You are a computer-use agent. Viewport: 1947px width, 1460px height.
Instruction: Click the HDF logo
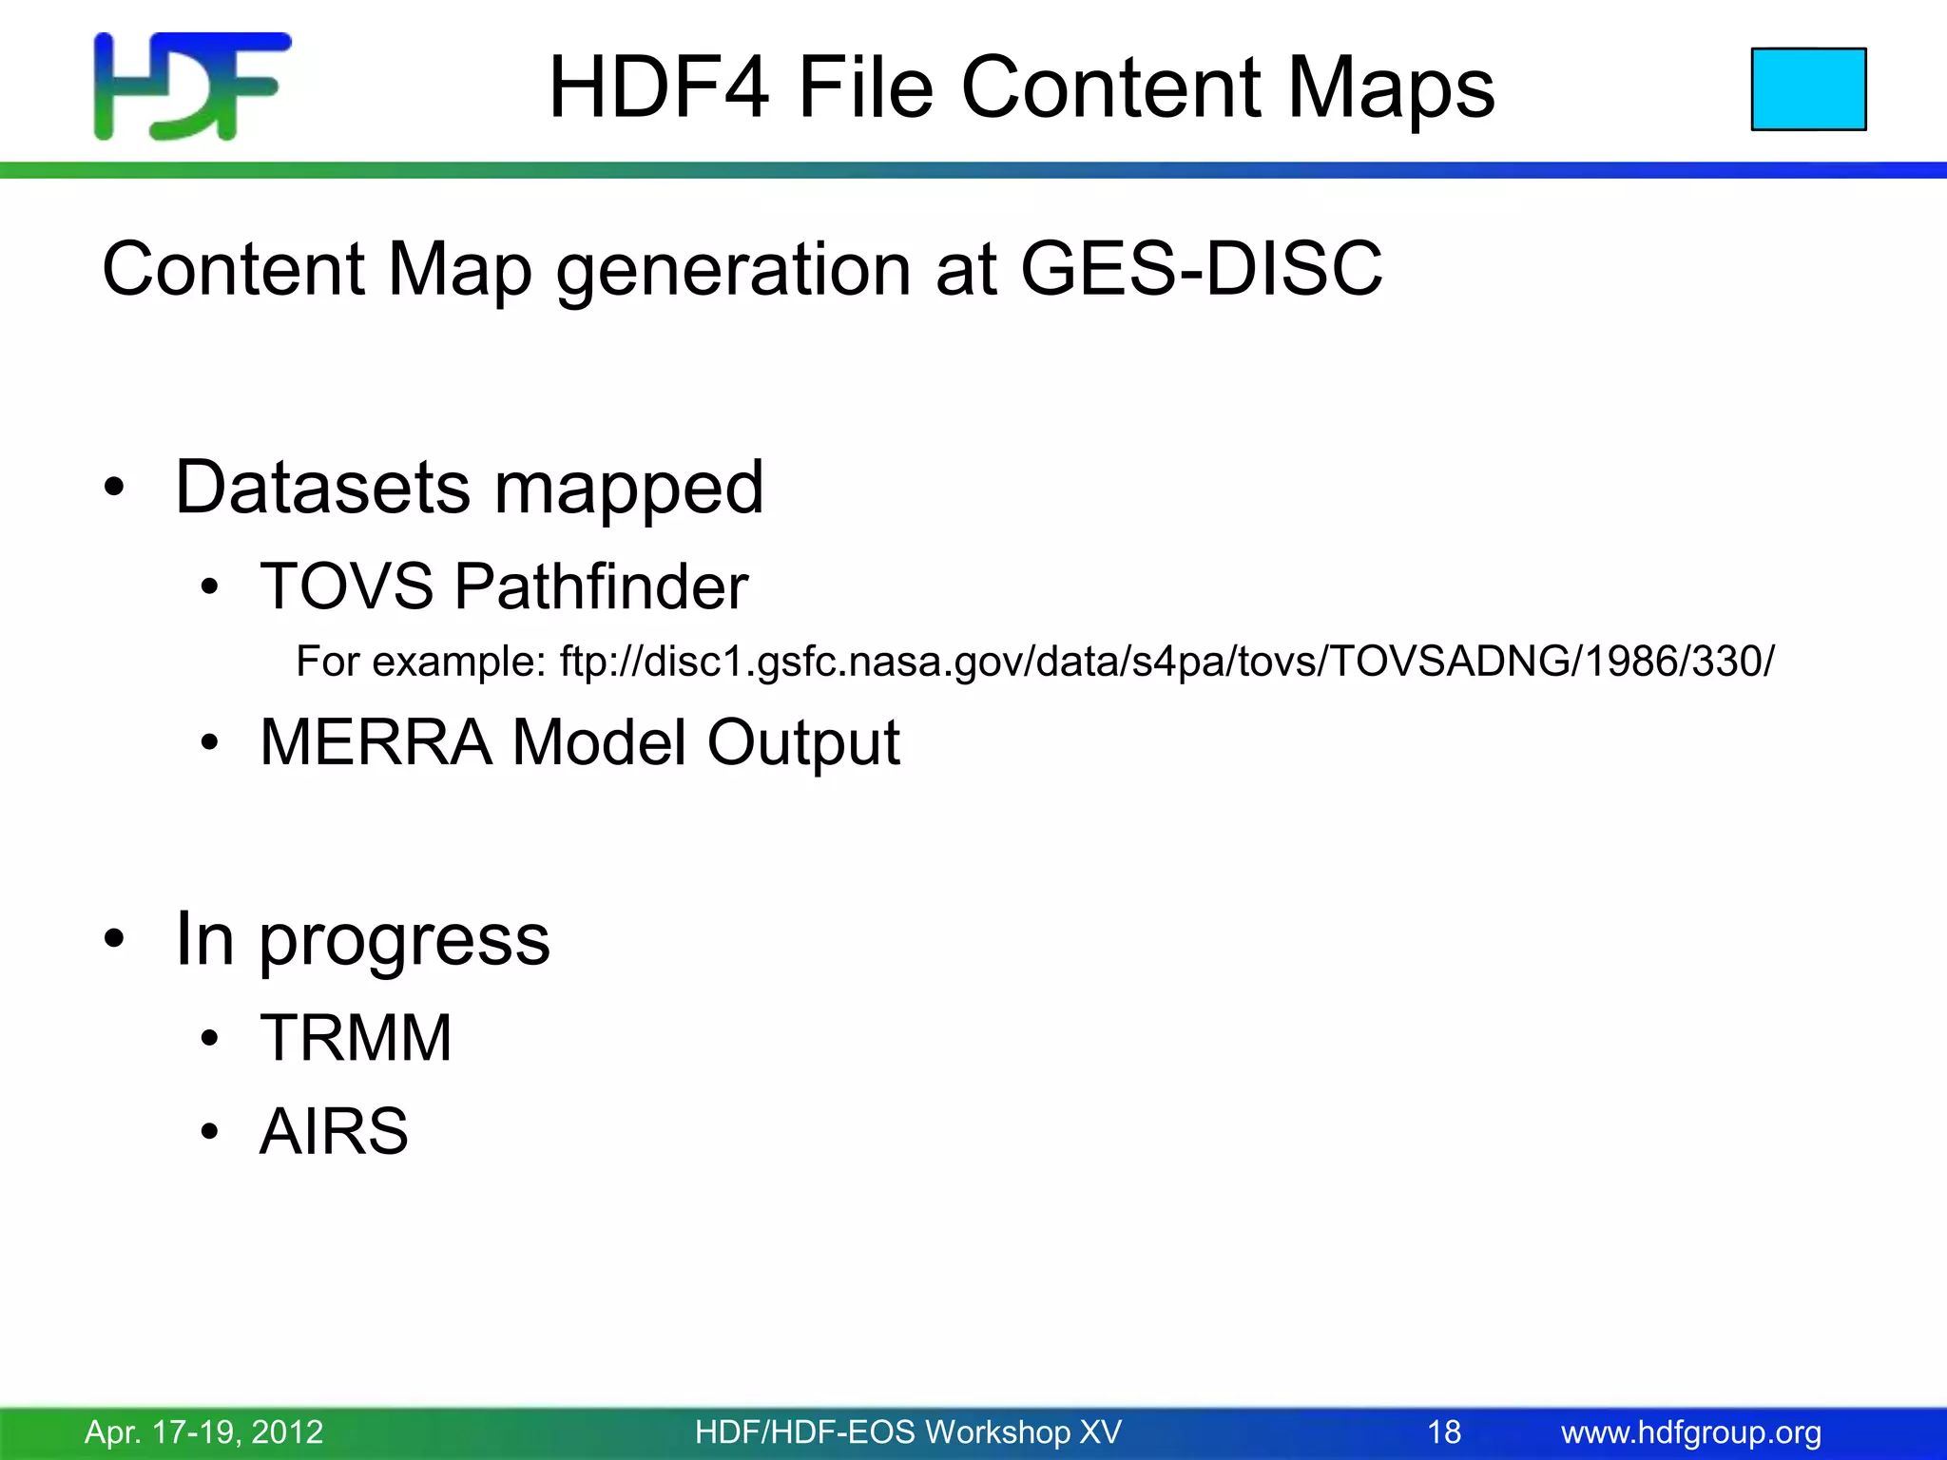[192, 86]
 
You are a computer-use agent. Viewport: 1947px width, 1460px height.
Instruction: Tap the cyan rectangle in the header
[1808, 89]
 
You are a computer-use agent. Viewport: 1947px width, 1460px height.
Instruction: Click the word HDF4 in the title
[658, 87]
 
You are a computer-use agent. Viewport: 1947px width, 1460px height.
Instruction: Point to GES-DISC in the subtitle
[1201, 269]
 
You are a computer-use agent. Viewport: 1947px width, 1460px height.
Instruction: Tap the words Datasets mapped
[469, 488]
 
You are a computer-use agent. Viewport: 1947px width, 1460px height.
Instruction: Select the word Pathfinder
[601, 586]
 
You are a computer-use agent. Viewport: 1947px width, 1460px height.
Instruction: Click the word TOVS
[347, 586]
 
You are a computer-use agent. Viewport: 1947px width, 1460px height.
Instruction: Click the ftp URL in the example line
[1166, 661]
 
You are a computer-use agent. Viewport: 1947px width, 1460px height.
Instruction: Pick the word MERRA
[376, 741]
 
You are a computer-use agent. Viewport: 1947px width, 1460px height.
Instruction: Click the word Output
[803, 741]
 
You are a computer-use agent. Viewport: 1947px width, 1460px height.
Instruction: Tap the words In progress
[362, 940]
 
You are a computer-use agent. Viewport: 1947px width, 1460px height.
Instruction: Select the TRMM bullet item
[356, 1037]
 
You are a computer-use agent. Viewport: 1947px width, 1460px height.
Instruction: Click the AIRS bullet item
[334, 1131]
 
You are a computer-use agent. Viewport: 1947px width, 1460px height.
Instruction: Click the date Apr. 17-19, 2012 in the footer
[204, 1431]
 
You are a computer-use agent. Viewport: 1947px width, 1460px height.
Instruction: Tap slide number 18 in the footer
[1444, 1431]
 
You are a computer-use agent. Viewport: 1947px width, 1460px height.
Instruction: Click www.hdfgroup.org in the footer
[1691, 1431]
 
